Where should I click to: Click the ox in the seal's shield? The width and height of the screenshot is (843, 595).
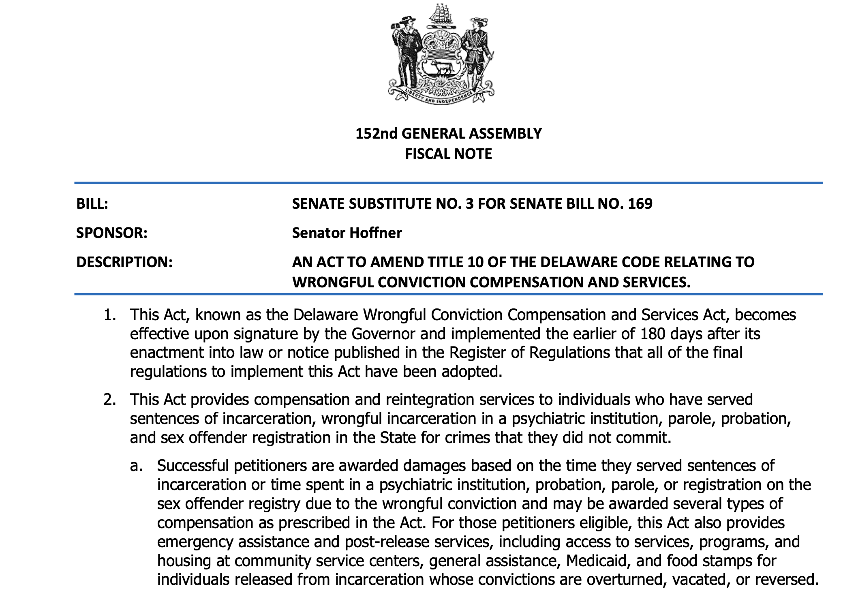[441, 67]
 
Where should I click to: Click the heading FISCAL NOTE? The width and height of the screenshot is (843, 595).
[448, 154]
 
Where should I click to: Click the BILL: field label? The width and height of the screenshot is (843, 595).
[92, 204]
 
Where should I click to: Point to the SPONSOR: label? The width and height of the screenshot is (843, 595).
[112, 233]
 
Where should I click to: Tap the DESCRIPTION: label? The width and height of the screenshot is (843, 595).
[124, 262]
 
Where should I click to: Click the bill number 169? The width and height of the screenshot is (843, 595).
[640, 204]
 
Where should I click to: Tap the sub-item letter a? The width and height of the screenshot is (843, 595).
[136, 466]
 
